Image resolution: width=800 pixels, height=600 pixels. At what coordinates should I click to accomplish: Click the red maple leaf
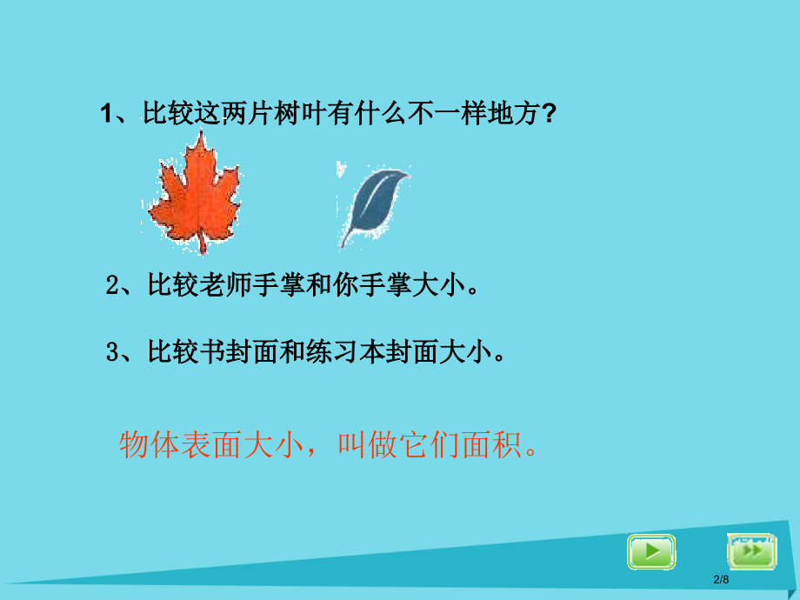193,191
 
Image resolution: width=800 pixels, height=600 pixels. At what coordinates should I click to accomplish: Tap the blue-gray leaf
372,199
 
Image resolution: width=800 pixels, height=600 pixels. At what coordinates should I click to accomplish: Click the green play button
650,551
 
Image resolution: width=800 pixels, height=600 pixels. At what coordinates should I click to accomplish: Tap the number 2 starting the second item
111,286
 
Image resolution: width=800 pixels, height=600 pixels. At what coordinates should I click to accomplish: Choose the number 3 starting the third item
111,352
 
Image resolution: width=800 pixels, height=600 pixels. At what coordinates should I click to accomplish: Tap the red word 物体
139,445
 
